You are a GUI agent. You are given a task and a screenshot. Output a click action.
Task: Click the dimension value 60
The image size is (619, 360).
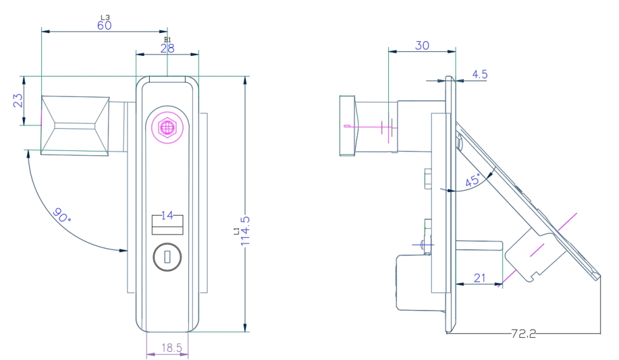(x=104, y=25)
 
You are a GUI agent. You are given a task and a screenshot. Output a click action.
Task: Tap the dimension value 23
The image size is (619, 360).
(x=18, y=101)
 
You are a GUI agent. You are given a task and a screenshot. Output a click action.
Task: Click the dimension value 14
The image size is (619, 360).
(x=167, y=215)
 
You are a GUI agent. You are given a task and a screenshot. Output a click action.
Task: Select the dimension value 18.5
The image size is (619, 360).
(x=167, y=348)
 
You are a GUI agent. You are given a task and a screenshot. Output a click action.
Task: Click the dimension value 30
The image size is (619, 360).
(x=422, y=45)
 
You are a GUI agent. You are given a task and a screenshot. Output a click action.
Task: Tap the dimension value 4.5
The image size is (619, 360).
(x=480, y=74)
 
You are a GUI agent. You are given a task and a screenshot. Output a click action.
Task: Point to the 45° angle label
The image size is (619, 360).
(x=473, y=180)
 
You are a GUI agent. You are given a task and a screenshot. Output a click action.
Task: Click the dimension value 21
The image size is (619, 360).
(x=479, y=276)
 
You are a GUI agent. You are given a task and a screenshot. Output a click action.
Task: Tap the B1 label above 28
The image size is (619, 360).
(x=167, y=41)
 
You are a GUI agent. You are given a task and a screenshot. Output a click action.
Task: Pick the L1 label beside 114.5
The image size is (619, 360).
(x=235, y=231)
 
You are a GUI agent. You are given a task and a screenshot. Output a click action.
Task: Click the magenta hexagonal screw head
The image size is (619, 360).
(x=167, y=127)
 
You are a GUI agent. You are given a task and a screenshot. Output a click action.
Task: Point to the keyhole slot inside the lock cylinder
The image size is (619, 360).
(x=167, y=257)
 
